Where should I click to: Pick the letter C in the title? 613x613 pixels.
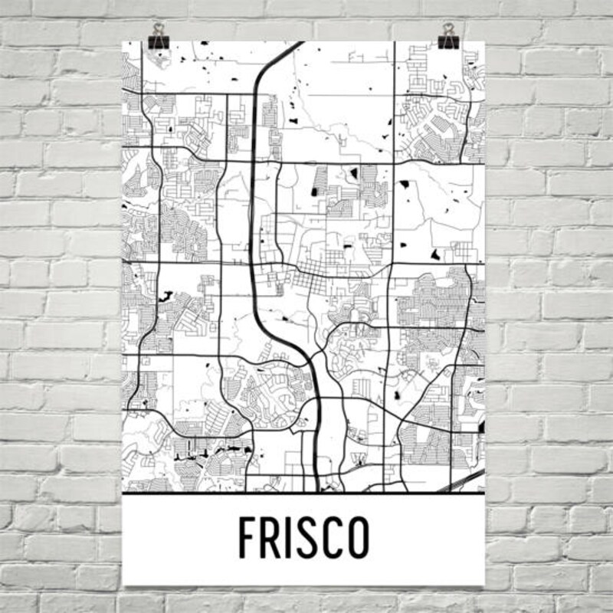tap(336, 539)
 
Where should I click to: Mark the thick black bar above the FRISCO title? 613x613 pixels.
tap(303, 494)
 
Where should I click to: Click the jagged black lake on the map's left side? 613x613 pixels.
tap(166, 293)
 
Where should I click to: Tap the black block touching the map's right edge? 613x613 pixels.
tap(482, 426)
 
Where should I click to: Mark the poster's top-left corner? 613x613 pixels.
tap(123, 41)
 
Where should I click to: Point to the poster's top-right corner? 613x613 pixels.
tap(485, 41)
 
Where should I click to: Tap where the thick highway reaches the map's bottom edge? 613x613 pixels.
tap(316, 490)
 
